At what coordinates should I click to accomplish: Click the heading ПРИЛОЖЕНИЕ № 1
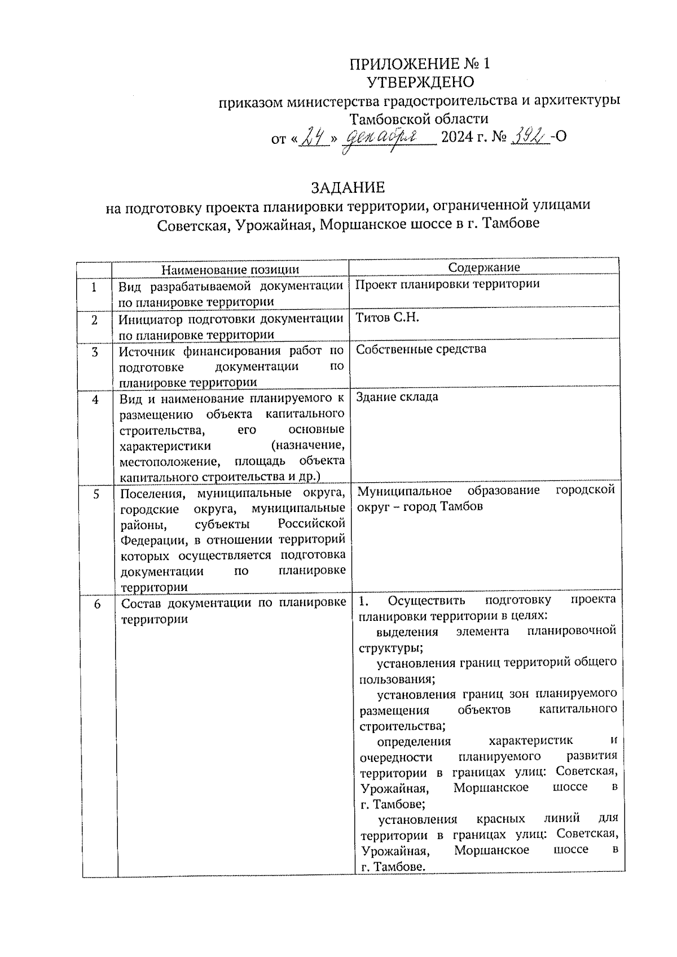(420, 64)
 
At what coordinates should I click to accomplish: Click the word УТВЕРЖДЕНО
(420, 82)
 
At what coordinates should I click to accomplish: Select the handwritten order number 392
(529, 136)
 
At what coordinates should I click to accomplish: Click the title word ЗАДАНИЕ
(348, 187)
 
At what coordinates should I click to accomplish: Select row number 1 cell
(94, 288)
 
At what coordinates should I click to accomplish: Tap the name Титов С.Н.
(387, 317)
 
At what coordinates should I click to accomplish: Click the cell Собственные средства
(420, 349)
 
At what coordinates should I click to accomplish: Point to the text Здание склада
(397, 396)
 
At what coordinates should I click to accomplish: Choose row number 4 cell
(95, 399)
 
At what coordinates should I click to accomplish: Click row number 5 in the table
(96, 494)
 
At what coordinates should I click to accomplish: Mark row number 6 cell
(97, 605)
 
